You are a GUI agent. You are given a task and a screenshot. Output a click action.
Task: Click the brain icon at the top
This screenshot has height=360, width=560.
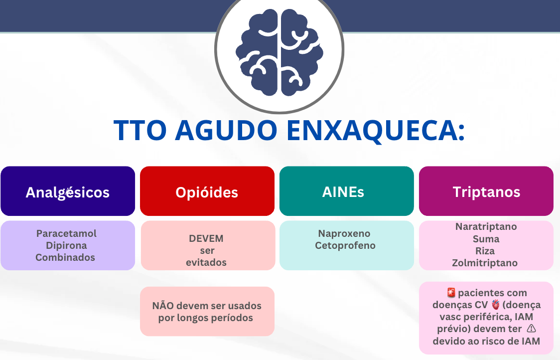pyautogui.click(x=279, y=52)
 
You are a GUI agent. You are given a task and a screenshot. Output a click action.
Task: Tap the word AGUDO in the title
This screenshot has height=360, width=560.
pyautogui.click(x=226, y=130)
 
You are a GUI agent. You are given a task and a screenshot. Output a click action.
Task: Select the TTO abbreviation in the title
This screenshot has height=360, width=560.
pyautogui.click(x=140, y=130)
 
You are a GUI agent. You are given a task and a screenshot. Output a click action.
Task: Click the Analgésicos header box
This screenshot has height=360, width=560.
pyautogui.click(x=68, y=191)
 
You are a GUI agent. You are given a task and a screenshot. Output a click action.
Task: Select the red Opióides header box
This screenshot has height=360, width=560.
pyautogui.click(x=207, y=191)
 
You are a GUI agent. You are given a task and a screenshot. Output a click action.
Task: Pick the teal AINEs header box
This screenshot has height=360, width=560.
pyautogui.click(x=346, y=191)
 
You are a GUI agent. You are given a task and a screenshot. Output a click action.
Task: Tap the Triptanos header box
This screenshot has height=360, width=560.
pyautogui.click(x=486, y=191)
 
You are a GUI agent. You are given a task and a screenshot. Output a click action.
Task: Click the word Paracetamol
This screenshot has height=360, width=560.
pyautogui.click(x=66, y=233)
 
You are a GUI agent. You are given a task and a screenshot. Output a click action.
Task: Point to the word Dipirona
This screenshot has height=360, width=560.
pyautogui.click(x=66, y=246)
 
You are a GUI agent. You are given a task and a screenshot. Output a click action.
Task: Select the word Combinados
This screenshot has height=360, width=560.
pyautogui.click(x=65, y=257)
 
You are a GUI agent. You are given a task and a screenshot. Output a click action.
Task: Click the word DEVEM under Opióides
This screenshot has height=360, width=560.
pyautogui.click(x=206, y=238)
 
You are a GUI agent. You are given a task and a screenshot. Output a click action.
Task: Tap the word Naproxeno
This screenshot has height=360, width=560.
pyautogui.click(x=344, y=233)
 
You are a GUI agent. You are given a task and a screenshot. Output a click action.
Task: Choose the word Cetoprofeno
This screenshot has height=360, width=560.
pyautogui.click(x=345, y=246)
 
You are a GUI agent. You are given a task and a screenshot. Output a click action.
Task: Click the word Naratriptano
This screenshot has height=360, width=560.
pyautogui.click(x=486, y=227)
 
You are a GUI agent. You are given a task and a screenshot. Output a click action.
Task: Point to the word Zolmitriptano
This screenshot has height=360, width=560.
pyautogui.click(x=485, y=263)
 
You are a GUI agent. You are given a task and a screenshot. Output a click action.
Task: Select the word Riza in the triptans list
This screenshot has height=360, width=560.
pyautogui.click(x=485, y=251)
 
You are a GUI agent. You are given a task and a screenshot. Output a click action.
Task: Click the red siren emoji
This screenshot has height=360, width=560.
pyautogui.click(x=451, y=293)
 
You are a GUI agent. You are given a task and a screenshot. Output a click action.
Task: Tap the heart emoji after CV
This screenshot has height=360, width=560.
pyautogui.click(x=495, y=305)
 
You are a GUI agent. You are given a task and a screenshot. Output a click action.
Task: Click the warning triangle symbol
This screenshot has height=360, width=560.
pyautogui.click(x=532, y=328)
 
